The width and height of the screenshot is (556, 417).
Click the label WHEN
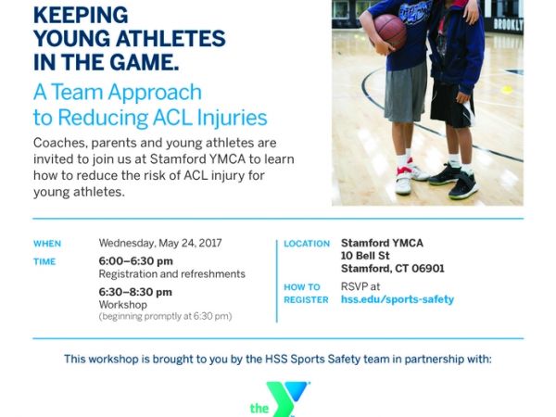[x=47, y=244]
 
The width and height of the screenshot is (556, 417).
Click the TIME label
[x=44, y=262]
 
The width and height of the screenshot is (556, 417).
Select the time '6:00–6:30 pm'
[x=136, y=261]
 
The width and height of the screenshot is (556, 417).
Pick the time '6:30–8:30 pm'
[x=136, y=292]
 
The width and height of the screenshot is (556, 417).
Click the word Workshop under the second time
[x=119, y=304]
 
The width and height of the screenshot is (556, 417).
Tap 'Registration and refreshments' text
[x=172, y=274]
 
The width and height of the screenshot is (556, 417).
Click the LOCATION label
[x=307, y=244]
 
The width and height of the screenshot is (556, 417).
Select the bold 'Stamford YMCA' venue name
[x=382, y=243]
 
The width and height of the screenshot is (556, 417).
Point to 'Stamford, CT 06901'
[x=393, y=269]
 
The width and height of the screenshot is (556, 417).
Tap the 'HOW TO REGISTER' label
[x=302, y=293]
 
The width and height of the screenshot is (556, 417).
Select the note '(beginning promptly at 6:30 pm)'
[x=165, y=316]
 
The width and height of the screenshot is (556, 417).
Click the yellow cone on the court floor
[x=506, y=90]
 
